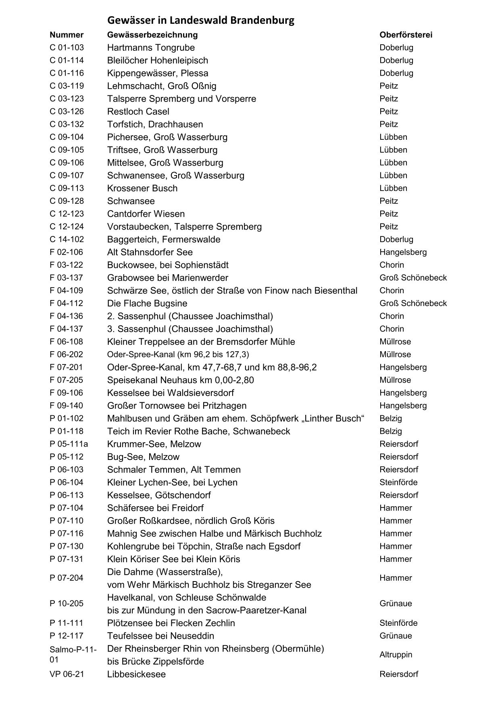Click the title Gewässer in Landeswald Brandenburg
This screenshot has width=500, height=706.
click(200, 20)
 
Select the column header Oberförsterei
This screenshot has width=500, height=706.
click(406, 35)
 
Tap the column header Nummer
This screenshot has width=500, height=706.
click(67, 35)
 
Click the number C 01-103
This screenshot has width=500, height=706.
click(67, 48)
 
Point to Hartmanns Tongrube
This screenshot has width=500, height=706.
click(151, 48)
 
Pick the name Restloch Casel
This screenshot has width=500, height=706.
click(138, 112)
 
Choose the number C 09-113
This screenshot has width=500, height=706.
click(67, 188)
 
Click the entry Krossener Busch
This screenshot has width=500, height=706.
click(142, 188)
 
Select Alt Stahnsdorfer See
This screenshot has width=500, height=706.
click(150, 252)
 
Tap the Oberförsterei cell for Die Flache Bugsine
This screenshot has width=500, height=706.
click(413, 303)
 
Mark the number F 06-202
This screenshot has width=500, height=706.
click(66, 354)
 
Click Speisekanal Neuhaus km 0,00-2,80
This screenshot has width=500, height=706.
click(180, 380)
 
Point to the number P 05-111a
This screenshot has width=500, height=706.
click(69, 444)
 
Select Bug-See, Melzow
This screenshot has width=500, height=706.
click(143, 457)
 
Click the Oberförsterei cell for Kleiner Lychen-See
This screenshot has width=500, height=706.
click(398, 482)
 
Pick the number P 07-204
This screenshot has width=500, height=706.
click(67, 578)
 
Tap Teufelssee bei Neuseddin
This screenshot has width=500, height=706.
click(160, 636)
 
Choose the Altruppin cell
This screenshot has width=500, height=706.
click(396, 654)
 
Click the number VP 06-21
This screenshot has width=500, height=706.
click(67, 674)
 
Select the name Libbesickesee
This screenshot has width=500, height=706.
click(136, 674)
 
